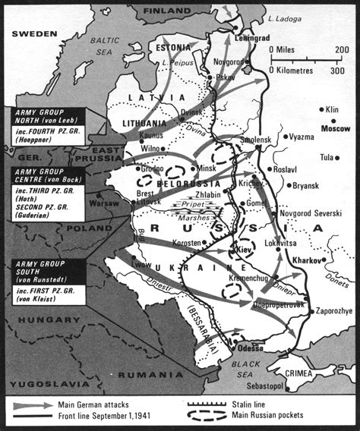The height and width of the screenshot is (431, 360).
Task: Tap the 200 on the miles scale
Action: point(343,49)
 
